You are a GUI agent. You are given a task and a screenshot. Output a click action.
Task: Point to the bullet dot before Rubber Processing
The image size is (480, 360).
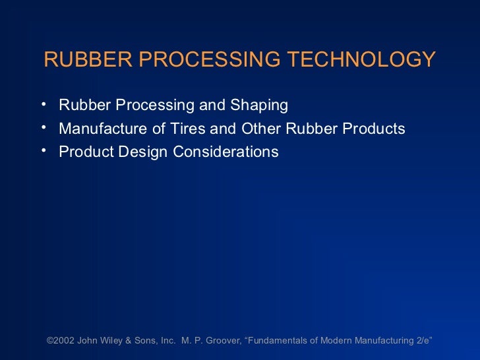click(x=42, y=104)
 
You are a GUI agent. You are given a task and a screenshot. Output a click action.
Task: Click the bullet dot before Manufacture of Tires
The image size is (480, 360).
click(x=42, y=127)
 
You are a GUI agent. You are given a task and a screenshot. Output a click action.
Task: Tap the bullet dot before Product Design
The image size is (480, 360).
click(x=42, y=150)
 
